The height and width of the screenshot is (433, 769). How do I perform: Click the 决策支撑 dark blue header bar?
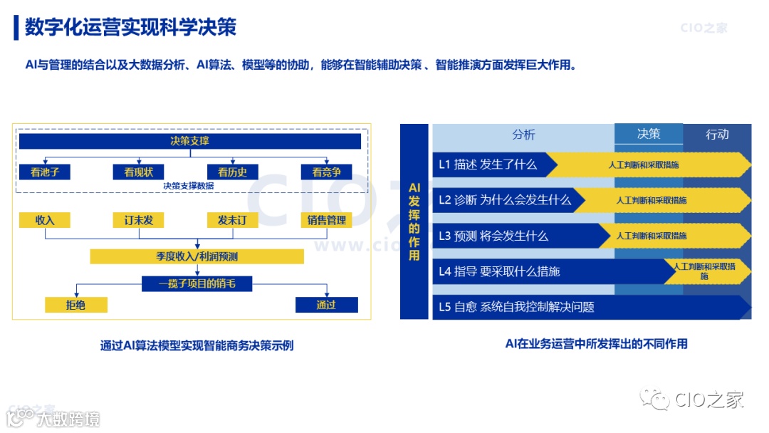(x=189, y=141)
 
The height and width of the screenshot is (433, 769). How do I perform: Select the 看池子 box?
(x=44, y=172)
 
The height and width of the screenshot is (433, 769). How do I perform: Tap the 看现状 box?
(x=138, y=172)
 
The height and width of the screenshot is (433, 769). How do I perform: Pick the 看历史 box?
(x=232, y=172)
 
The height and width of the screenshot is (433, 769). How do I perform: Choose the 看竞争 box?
(x=327, y=172)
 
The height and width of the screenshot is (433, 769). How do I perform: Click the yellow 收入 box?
(x=44, y=220)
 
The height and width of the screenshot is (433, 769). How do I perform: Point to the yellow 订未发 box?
(x=138, y=220)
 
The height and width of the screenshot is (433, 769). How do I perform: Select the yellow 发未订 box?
(x=232, y=220)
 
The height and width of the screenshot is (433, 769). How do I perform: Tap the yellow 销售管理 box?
(x=327, y=220)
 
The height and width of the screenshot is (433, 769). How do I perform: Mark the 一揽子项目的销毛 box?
(x=197, y=284)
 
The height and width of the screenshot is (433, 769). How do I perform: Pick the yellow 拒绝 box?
(x=75, y=305)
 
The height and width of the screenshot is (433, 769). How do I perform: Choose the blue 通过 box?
(x=326, y=305)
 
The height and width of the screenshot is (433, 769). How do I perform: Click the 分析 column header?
(x=523, y=135)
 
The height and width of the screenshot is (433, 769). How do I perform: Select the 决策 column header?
(x=649, y=134)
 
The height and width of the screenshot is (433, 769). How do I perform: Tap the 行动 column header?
(x=717, y=135)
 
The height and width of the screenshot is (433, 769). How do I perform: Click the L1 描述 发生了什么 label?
(x=488, y=165)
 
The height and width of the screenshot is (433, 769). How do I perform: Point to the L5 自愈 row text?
(x=516, y=307)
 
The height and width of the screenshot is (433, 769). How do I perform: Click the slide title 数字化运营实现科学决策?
(x=130, y=27)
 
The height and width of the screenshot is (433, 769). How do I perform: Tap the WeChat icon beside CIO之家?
(x=654, y=400)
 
